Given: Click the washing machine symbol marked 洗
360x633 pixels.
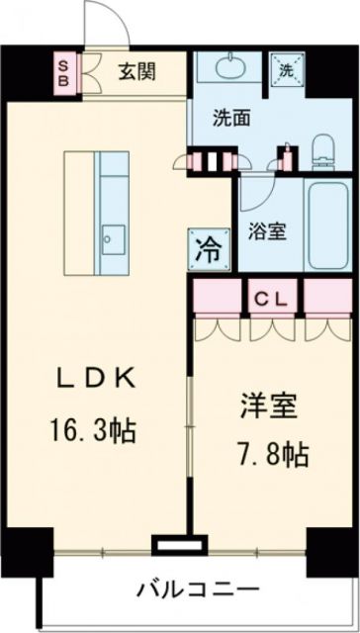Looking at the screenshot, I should pos(286,70).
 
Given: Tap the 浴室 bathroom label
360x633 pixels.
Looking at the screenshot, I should pos(266,233).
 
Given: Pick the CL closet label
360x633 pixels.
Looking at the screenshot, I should pos(274,297).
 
